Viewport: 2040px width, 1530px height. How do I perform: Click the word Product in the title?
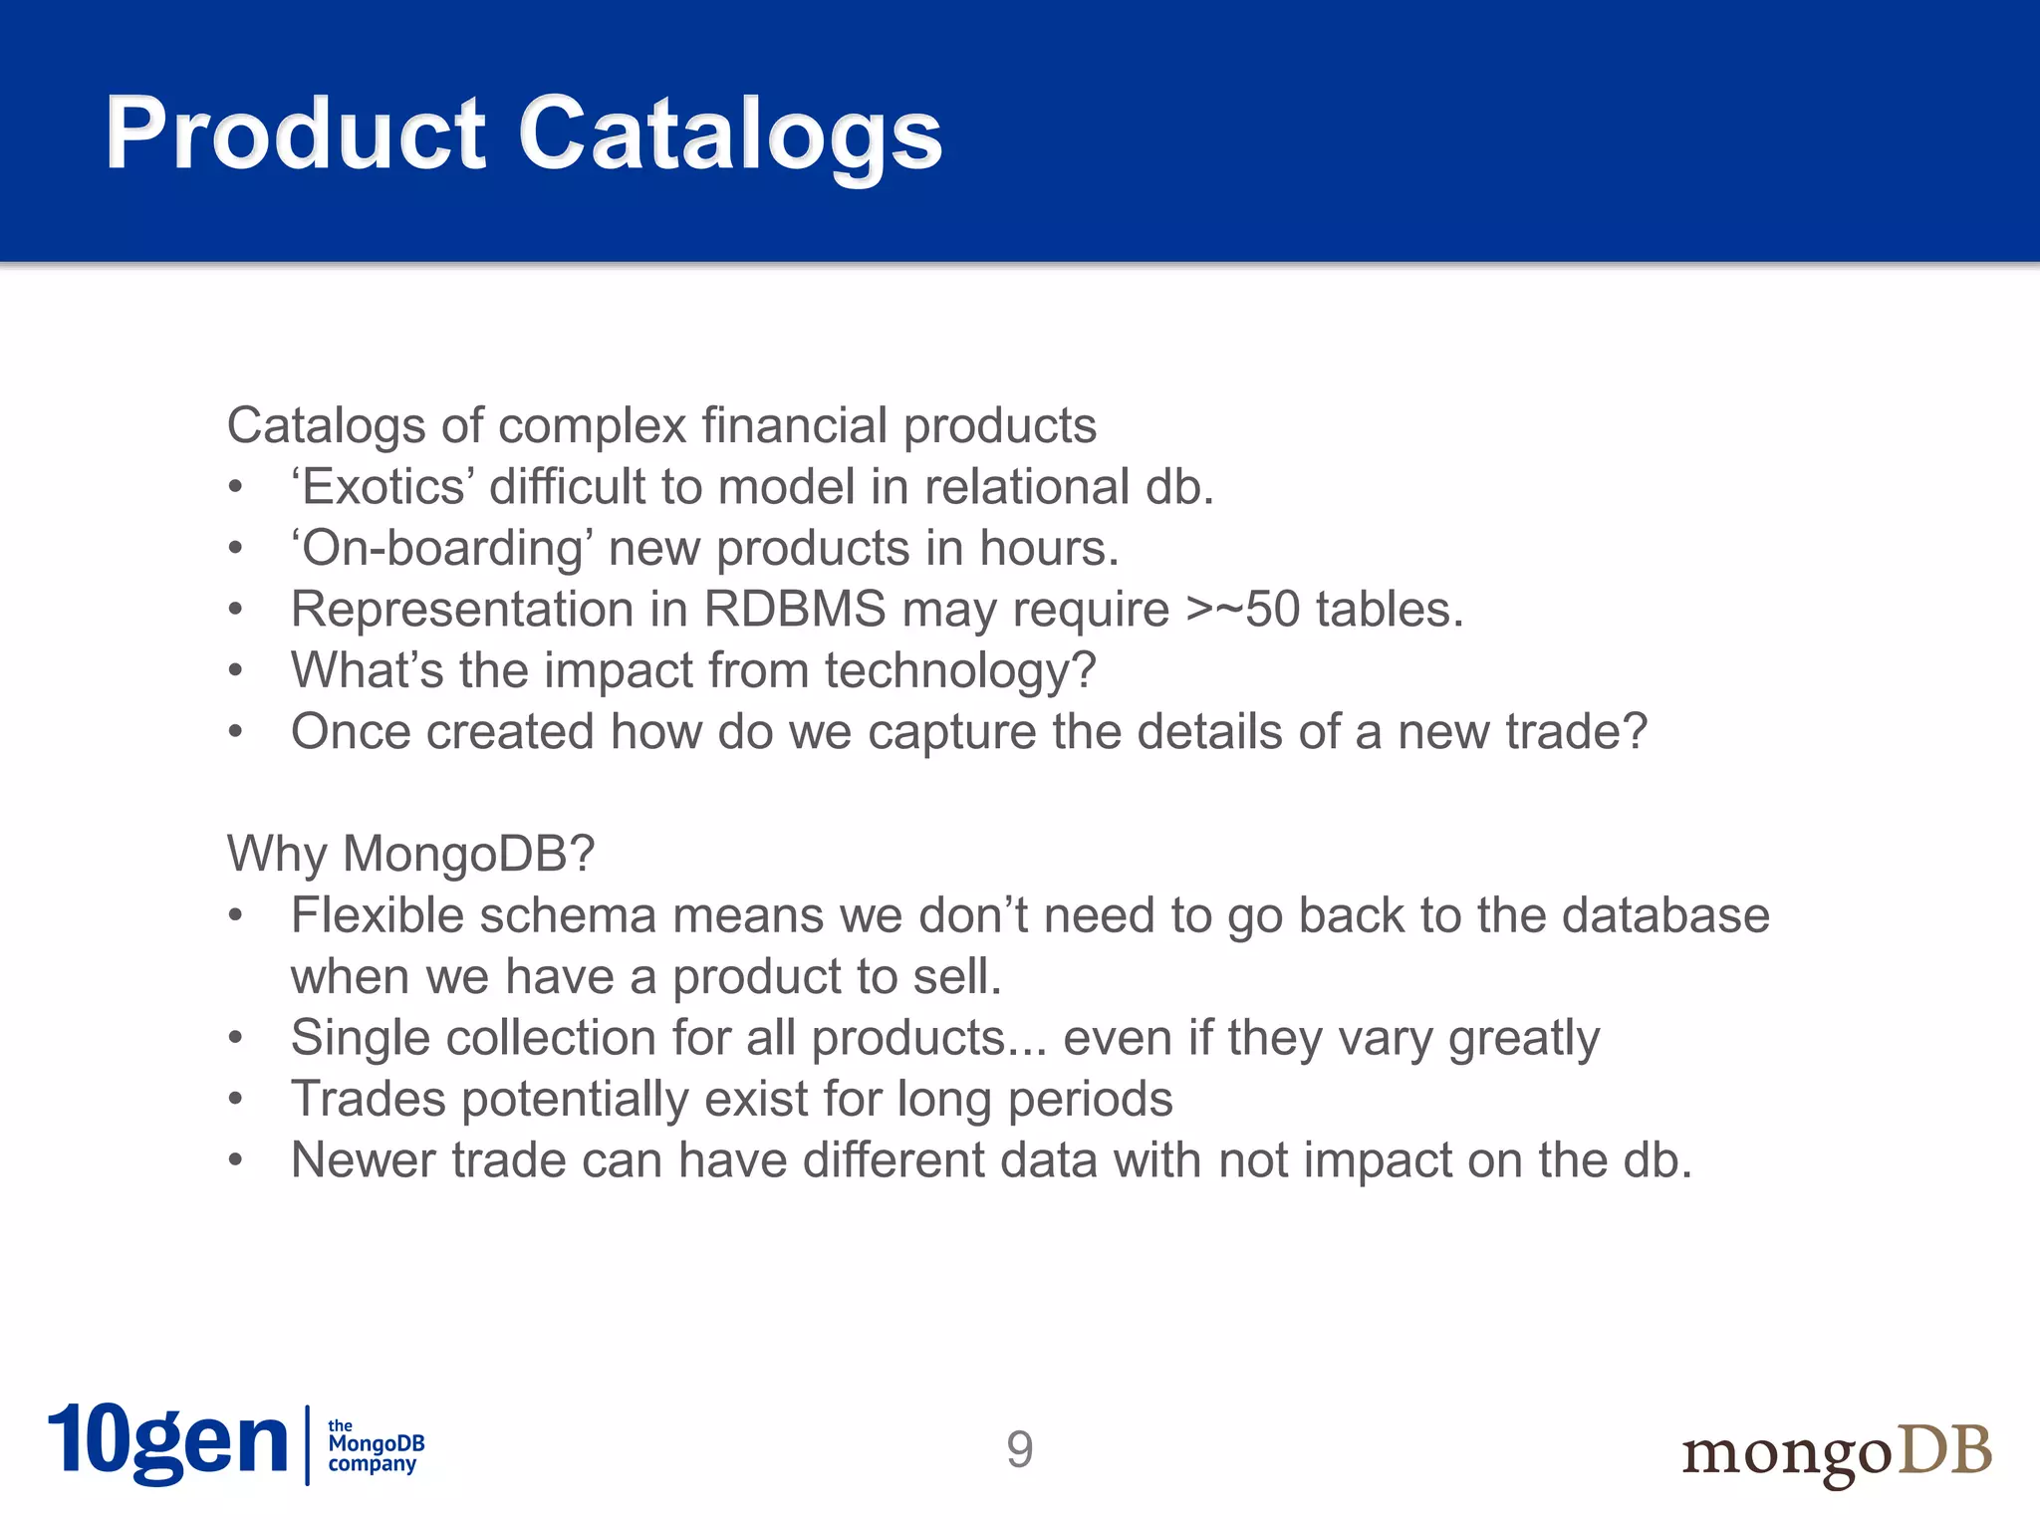coord(296,134)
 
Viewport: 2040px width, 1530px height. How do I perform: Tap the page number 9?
coord(1019,1449)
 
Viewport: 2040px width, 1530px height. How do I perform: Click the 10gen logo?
coord(167,1443)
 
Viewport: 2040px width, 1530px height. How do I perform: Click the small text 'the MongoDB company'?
coord(375,1445)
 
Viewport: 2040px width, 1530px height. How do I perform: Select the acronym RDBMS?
coord(794,610)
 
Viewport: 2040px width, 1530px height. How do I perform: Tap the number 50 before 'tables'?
coord(1272,610)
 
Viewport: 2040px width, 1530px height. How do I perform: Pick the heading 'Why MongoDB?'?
coord(410,855)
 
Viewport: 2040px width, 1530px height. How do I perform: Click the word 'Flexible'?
coord(377,915)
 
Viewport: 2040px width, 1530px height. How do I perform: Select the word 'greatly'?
coord(1523,1040)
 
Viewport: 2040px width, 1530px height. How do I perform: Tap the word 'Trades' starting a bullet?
coord(369,1100)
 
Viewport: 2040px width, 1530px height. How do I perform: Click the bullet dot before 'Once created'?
coord(235,733)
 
